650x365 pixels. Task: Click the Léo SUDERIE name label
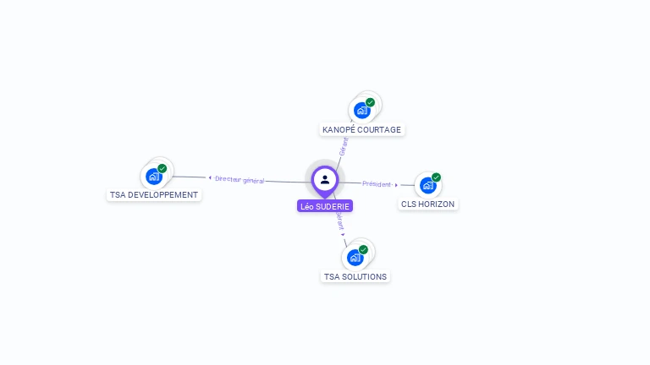coord(325,206)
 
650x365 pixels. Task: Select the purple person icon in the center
coord(325,179)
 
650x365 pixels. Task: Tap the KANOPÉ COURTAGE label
coord(362,129)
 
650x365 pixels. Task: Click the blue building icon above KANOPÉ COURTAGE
coord(362,110)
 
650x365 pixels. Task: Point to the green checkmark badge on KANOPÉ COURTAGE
coord(370,102)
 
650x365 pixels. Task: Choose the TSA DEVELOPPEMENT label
coord(154,194)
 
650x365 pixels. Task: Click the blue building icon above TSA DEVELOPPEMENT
coord(153,176)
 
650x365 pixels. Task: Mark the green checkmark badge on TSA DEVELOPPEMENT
coord(162,168)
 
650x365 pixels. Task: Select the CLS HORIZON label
coord(428,204)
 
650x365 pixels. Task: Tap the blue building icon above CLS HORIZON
coord(427,185)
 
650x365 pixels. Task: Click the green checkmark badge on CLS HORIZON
coord(436,177)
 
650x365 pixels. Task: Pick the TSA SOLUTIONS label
coord(355,276)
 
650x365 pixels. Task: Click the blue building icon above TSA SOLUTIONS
coord(355,257)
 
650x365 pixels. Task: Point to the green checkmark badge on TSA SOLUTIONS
coord(363,249)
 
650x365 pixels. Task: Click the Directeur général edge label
coord(240,179)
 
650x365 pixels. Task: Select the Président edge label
coord(377,183)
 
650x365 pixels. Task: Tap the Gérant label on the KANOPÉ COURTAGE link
coord(344,146)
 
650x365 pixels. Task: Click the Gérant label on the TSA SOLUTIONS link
coord(339,221)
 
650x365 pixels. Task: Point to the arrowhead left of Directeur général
coord(210,177)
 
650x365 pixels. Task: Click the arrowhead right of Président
coord(396,184)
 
